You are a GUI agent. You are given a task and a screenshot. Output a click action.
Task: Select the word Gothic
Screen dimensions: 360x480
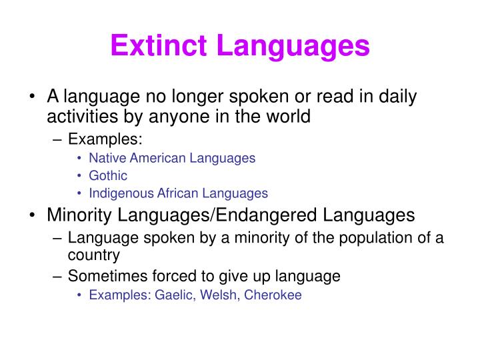pos(108,176)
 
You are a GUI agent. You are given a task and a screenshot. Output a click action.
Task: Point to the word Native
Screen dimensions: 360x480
pos(105,159)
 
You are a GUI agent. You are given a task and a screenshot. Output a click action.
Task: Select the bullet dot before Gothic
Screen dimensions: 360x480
pos(80,177)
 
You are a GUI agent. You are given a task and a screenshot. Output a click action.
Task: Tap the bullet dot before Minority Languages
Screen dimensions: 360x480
pos(33,216)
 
